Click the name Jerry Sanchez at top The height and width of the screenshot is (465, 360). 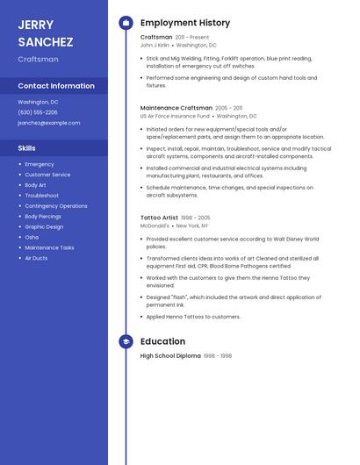[x=46, y=33]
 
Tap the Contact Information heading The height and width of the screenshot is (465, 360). [x=56, y=86]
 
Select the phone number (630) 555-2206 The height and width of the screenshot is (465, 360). [x=38, y=112]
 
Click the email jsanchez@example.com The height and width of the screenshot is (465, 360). [x=48, y=123]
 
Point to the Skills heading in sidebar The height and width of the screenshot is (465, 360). [x=27, y=148]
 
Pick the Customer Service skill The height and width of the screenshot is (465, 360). [x=47, y=175]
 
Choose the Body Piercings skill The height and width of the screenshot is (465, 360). [x=43, y=216]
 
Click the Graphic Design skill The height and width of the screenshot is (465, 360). [x=44, y=226]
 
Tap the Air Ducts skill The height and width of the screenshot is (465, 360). [x=36, y=258]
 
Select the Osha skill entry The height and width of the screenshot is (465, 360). [x=32, y=237]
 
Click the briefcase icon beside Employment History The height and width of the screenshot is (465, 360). [x=126, y=23]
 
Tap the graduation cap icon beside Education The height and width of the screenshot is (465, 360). [x=126, y=341]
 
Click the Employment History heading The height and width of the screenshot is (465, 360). [x=185, y=23]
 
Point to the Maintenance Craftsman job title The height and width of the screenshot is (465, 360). [x=176, y=108]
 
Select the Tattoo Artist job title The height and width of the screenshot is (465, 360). [x=159, y=218]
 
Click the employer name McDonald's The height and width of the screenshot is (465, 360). [x=155, y=225]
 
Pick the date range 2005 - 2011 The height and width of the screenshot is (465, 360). [x=229, y=108]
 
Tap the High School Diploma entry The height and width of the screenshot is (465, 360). [x=170, y=356]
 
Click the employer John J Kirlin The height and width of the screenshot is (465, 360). [x=161, y=45]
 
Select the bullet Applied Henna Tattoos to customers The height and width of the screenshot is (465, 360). [x=193, y=317]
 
